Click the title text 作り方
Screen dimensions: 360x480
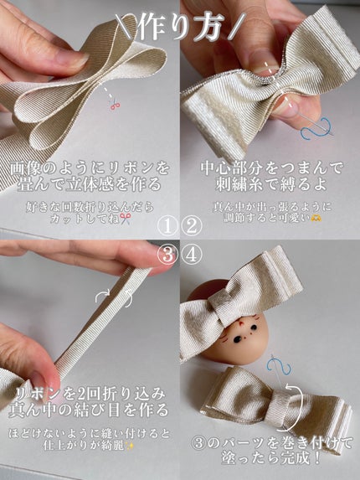coord(179,27)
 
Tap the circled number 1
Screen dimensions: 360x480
coord(168,226)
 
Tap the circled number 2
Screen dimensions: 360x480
coord(192,226)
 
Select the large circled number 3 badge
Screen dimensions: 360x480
coord(167,255)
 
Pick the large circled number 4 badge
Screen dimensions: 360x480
coord(192,255)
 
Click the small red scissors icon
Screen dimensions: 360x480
coord(115,105)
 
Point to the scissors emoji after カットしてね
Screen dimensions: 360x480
coord(126,219)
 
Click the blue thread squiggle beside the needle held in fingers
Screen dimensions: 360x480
coord(316,128)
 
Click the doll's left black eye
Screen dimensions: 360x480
coord(239,339)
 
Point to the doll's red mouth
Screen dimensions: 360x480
coord(241,323)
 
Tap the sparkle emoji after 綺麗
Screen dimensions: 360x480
coord(131,446)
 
